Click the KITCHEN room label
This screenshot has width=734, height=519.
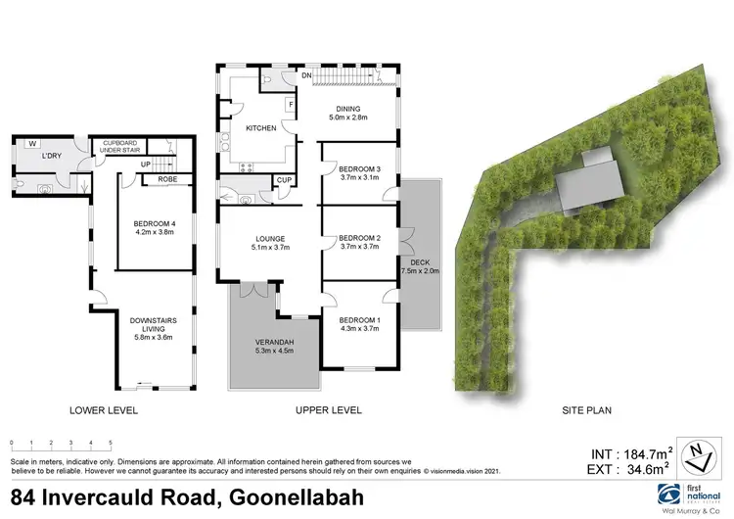pyautogui.click(x=261, y=128)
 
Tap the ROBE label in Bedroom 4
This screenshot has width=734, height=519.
pyautogui.click(x=167, y=179)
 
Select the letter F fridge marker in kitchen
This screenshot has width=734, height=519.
pyautogui.click(x=290, y=104)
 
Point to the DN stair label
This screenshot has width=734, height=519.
pyautogui.click(x=306, y=74)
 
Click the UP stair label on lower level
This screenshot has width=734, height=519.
pyautogui.click(x=145, y=164)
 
